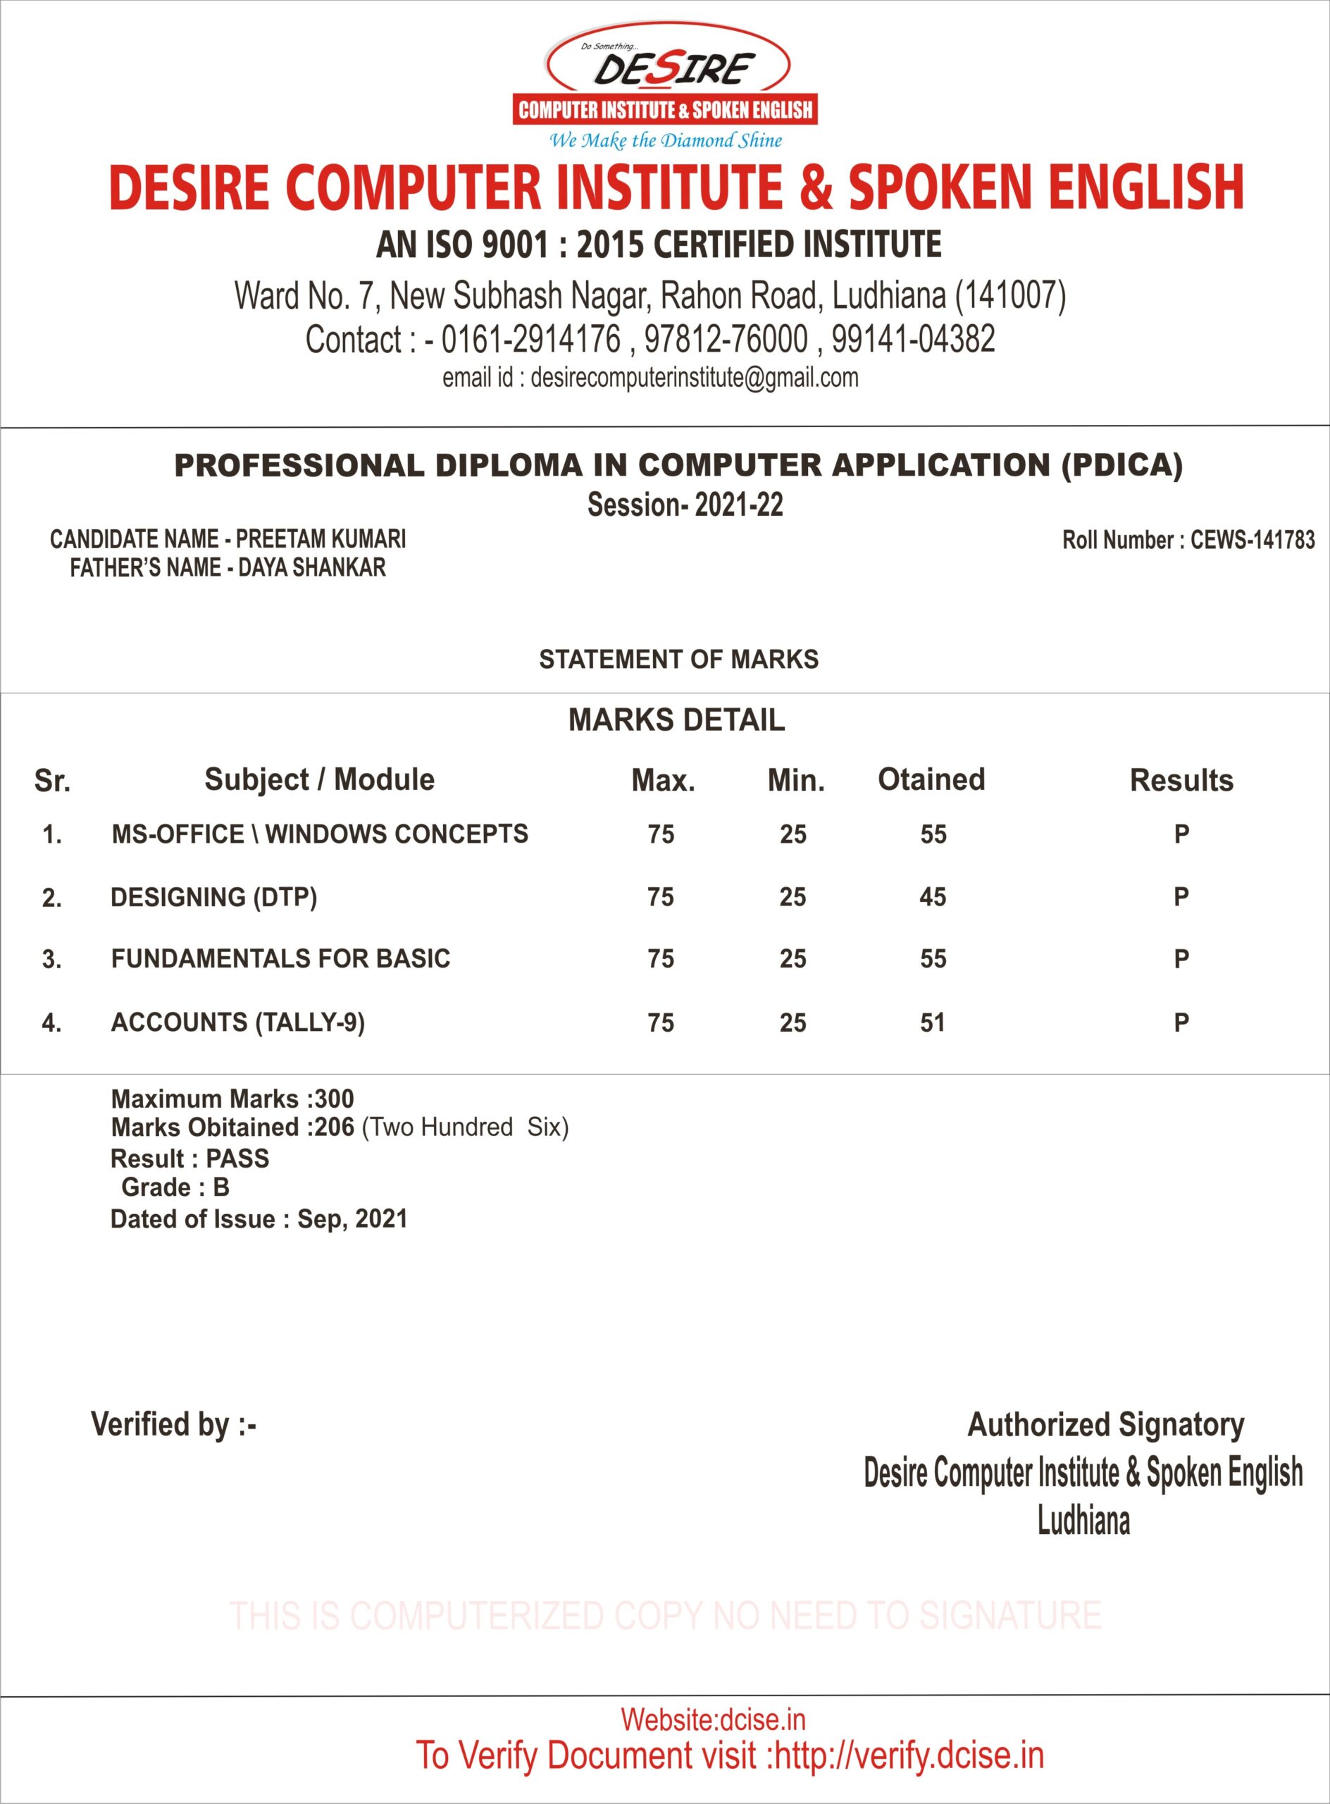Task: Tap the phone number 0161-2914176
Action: (530, 339)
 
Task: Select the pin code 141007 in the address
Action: (1009, 295)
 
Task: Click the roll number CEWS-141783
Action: (1252, 540)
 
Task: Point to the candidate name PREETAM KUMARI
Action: (321, 539)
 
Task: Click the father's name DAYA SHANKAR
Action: (311, 568)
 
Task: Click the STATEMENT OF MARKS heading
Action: (678, 660)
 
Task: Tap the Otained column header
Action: (931, 779)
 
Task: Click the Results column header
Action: (1181, 780)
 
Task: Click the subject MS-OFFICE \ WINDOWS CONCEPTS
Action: (320, 834)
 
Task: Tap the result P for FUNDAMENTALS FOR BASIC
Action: (1181, 959)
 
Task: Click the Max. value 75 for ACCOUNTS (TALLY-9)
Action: (660, 1023)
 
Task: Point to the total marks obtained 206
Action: (334, 1127)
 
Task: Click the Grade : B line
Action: (175, 1187)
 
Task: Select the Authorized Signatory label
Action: (1105, 1425)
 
